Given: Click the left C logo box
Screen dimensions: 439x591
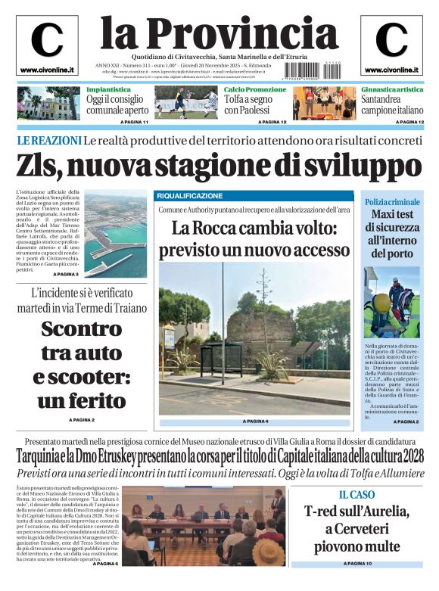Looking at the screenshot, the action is coord(47,45).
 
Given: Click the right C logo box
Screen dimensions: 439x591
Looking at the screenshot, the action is coord(391,45).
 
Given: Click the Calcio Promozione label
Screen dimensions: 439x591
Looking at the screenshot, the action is coord(255,89).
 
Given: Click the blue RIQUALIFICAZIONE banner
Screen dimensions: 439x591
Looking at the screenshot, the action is coord(190,196).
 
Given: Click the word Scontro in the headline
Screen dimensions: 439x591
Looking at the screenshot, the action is coord(82,330).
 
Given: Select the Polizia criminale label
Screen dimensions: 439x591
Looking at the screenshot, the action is coord(392,202).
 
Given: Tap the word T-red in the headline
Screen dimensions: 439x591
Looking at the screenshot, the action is coord(325,512).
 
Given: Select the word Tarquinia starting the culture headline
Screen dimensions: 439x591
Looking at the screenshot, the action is coord(50,454).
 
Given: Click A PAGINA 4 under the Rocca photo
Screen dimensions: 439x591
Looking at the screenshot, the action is coord(255,421).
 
